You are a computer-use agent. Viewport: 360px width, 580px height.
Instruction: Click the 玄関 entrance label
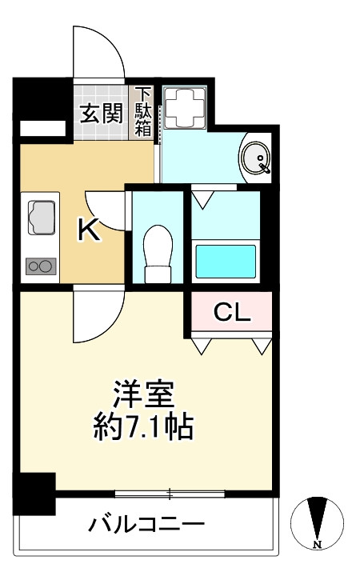click(100, 113)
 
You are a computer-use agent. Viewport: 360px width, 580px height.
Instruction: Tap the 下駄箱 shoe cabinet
click(143, 112)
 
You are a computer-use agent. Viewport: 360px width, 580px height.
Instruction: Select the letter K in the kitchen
click(88, 230)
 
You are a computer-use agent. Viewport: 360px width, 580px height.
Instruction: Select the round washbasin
click(257, 158)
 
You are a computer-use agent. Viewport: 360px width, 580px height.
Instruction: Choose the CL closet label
click(232, 313)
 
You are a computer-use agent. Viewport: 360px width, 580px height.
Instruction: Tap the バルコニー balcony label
click(146, 526)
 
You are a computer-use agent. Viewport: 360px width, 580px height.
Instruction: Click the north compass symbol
click(318, 523)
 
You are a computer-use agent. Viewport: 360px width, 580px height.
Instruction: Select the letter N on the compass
click(318, 545)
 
